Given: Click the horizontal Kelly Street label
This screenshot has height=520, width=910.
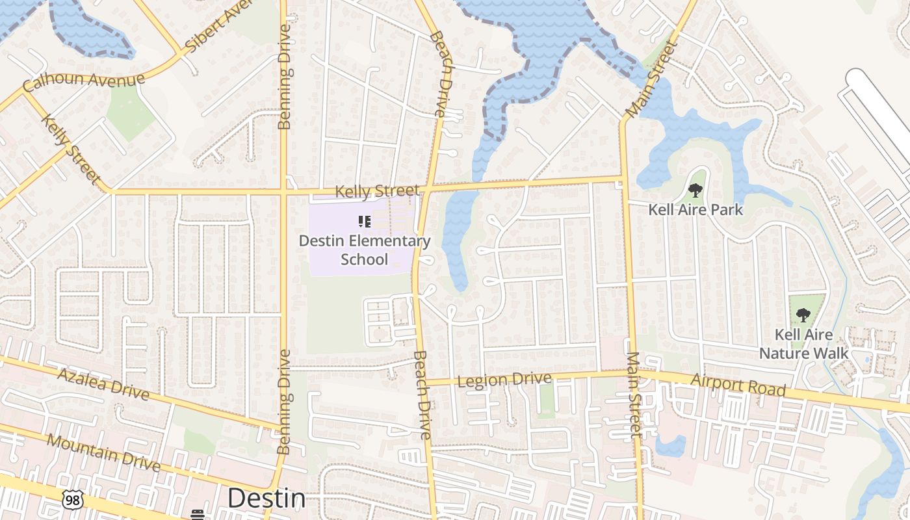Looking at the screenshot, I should pyautogui.click(x=377, y=190).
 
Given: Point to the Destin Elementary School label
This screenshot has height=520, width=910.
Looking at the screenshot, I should pyautogui.click(x=365, y=250).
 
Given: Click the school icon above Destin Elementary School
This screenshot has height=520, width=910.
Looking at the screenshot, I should pyautogui.click(x=365, y=222).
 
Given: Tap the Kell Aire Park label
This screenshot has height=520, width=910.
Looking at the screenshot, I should pyautogui.click(x=695, y=210).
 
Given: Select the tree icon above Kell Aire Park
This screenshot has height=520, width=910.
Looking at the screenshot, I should pyautogui.click(x=695, y=190).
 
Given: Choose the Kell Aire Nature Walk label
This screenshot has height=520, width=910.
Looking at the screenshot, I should pyautogui.click(x=804, y=344).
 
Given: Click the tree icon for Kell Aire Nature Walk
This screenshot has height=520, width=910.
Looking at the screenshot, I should pyautogui.click(x=803, y=315).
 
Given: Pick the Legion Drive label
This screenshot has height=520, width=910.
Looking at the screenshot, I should pyautogui.click(x=504, y=379).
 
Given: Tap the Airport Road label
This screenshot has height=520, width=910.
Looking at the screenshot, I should pyautogui.click(x=738, y=385).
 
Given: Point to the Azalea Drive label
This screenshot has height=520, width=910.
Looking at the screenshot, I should pyautogui.click(x=103, y=383).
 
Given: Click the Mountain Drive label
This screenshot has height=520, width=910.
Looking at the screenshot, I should pyautogui.click(x=103, y=452).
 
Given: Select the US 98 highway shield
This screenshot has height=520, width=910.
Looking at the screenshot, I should pyautogui.click(x=71, y=499).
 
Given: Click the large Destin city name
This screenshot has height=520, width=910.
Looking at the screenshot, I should pyautogui.click(x=266, y=499).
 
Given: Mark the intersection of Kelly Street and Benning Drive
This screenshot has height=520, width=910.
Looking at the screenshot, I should pyautogui.click(x=284, y=192).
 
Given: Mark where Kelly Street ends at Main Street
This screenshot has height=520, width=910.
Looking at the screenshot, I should pyautogui.click(x=623, y=177).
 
